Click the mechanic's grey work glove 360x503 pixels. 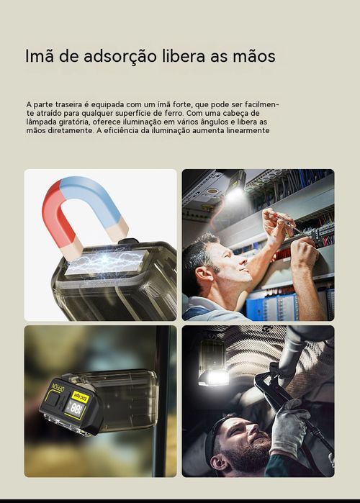[289, 428]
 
